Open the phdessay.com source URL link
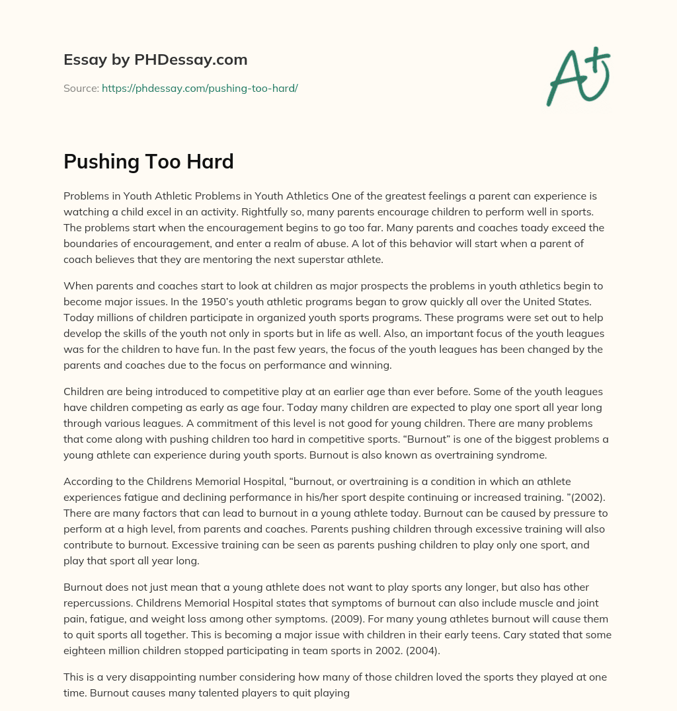tap(200, 88)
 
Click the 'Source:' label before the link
tap(81, 88)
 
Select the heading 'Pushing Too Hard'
tap(149, 161)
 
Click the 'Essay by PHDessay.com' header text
tap(155, 60)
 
